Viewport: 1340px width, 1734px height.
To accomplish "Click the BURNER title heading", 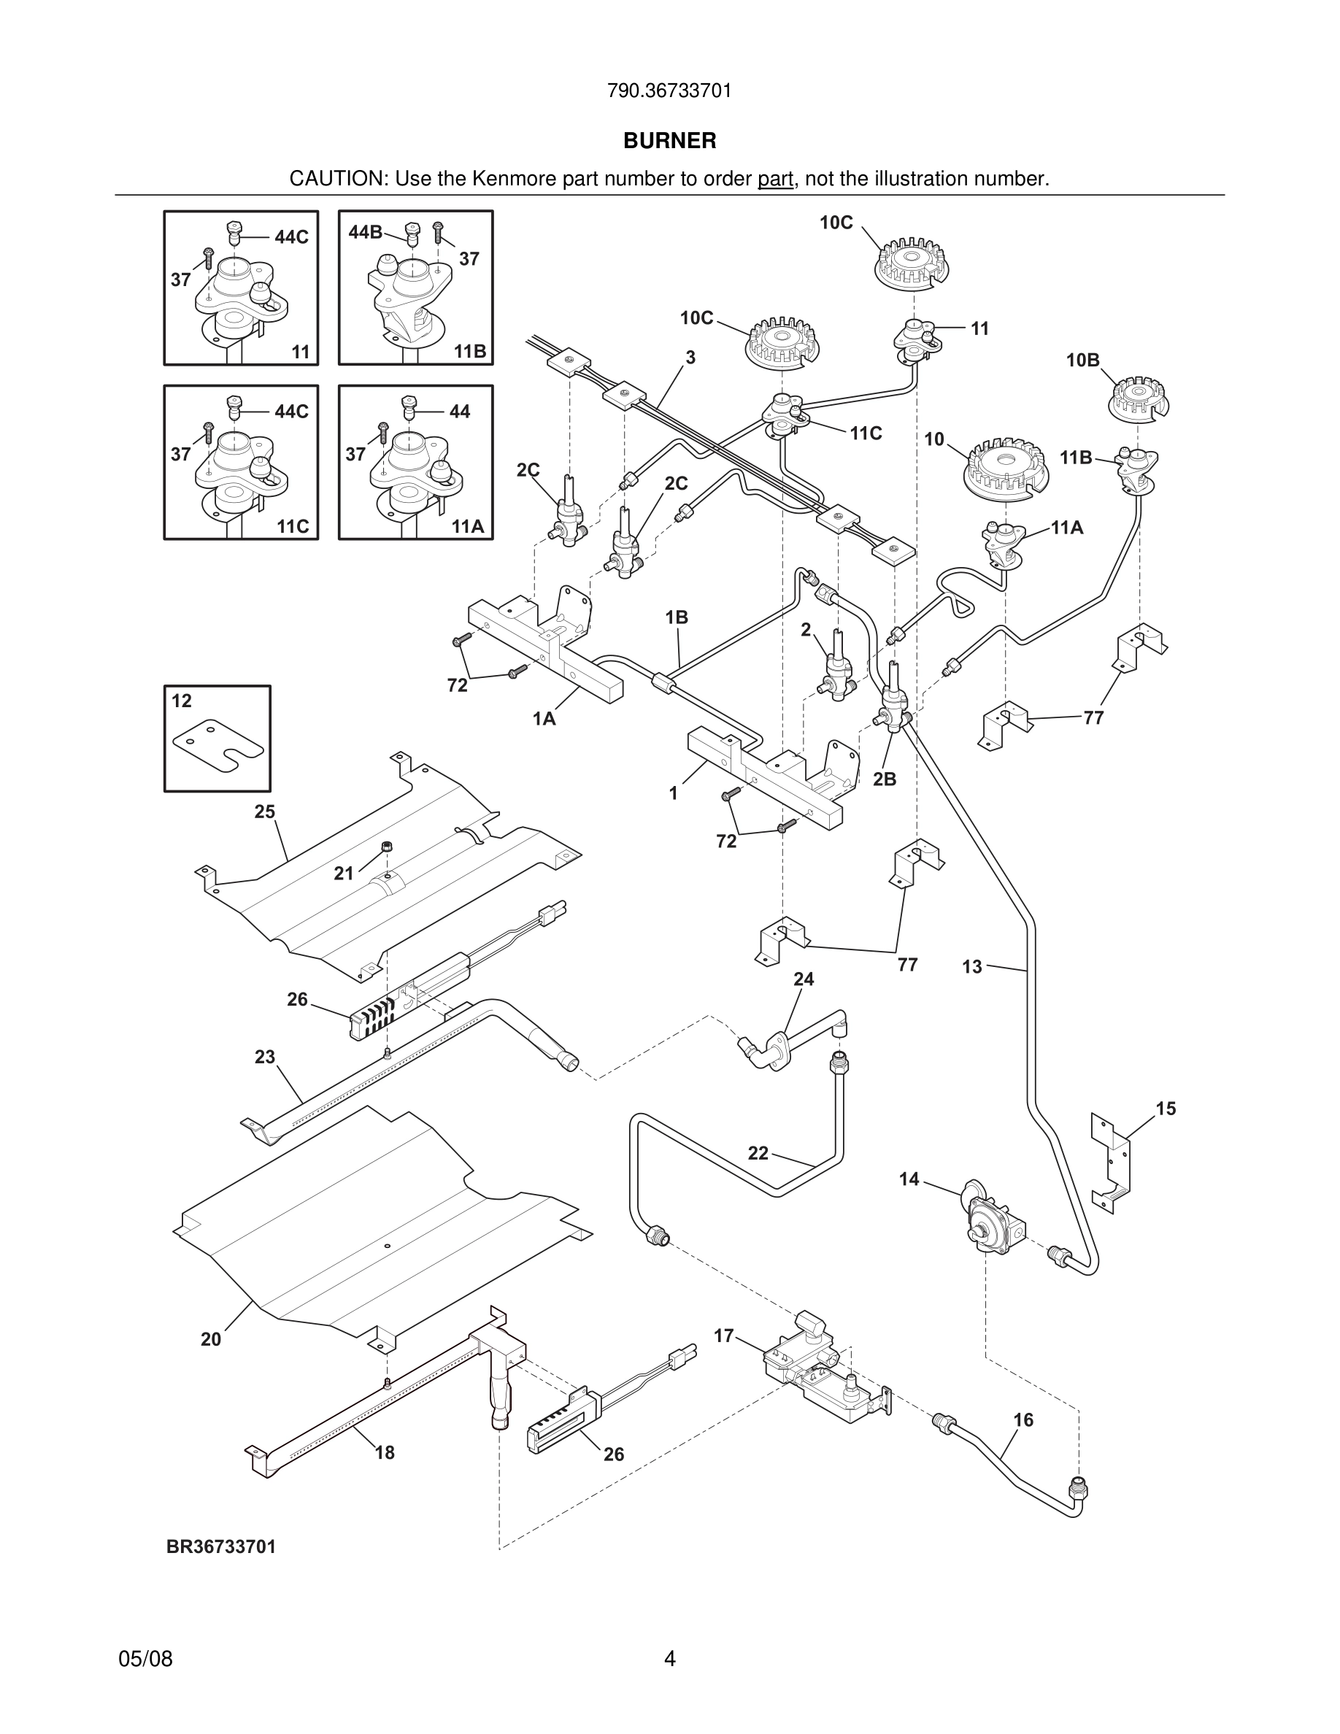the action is tap(669, 141).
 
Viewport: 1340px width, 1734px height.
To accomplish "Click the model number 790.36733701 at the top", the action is tap(669, 91).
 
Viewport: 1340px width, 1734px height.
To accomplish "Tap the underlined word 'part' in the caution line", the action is tap(775, 180).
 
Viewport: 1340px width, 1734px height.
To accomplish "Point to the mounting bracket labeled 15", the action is tap(1112, 1163).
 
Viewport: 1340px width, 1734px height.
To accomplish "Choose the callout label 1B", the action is tap(677, 617).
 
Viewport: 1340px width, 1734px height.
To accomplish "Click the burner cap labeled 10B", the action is tap(1139, 398).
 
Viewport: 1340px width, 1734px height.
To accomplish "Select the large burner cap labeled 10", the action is tap(1006, 469).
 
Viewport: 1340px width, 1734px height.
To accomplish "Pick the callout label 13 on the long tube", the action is tap(972, 966).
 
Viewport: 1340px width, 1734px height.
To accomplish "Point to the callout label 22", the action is tap(758, 1153).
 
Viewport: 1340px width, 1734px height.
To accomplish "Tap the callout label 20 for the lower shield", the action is tap(210, 1339).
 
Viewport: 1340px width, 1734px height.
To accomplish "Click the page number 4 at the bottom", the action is tap(670, 1659).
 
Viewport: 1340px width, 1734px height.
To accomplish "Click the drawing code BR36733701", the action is tap(221, 1546).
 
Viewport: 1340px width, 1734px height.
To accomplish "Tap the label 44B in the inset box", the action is tap(365, 232).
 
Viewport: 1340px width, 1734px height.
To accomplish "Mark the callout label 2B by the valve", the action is tap(885, 779).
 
